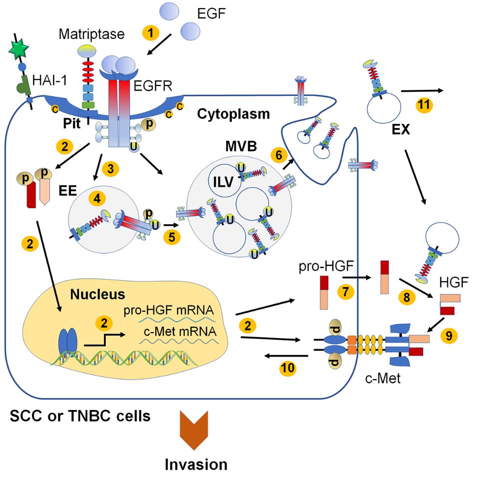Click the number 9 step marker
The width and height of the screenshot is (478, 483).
tap(448, 336)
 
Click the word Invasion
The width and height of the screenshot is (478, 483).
tap(196, 464)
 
